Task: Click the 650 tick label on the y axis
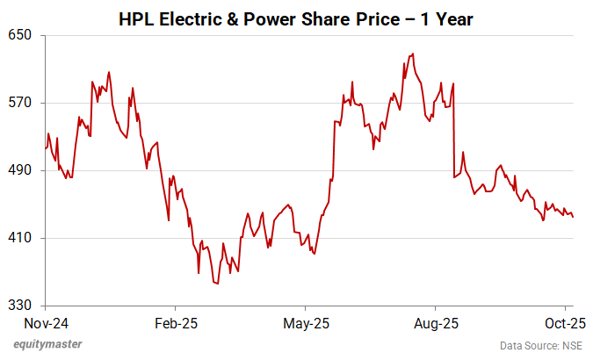click(21, 35)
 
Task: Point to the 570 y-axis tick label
click(21, 103)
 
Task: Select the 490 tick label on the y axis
click(21, 170)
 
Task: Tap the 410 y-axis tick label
click(21, 238)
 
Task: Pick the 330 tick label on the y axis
click(21, 306)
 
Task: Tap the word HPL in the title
click(135, 18)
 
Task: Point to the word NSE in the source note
click(571, 345)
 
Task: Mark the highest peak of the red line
click(413, 54)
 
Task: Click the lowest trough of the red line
click(216, 284)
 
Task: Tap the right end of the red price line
click(574, 217)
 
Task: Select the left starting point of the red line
click(45, 148)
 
